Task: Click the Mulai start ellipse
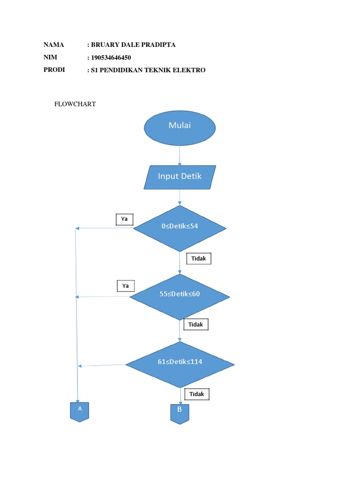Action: [180, 127]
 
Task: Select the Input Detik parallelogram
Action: [180, 177]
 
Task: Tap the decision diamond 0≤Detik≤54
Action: [180, 228]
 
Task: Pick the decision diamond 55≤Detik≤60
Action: [180, 296]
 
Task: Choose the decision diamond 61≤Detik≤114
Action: [180, 364]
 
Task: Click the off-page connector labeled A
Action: [80, 411]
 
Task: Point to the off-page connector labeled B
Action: [180, 413]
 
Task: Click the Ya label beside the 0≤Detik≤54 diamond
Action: [125, 219]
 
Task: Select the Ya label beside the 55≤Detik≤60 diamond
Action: [125, 285]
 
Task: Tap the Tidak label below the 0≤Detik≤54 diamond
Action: [199, 258]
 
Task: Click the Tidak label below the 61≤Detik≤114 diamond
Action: [197, 394]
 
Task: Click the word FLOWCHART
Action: [75, 104]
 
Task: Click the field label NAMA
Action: [53, 45]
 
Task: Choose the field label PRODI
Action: [54, 70]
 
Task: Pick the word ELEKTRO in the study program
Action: [189, 70]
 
